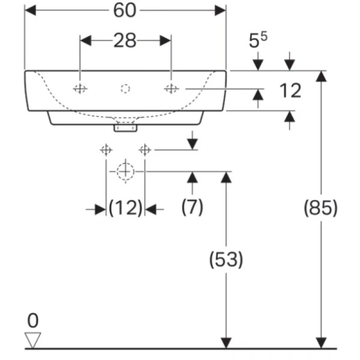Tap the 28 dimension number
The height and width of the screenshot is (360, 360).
(x=125, y=41)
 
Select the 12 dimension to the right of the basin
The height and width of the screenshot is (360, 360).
(x=289, y=91)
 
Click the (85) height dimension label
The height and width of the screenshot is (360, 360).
(x=321, y=208)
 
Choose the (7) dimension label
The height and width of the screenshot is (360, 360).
(x=192, y=208)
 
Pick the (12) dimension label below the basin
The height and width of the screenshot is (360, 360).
(x=125, y=208)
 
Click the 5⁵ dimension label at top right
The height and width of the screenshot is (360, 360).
(x=259, y=41)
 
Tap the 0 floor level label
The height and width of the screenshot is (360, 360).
(x=33, y=319)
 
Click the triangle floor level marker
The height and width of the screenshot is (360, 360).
(x=33, y=340)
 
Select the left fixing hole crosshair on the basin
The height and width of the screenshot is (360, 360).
(x=80, y=89)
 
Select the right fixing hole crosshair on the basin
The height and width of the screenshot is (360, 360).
(x=171, y=89)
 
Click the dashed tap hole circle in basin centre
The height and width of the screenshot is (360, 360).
(x=125, y=89)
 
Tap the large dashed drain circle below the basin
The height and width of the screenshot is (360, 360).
(x=125, y=171)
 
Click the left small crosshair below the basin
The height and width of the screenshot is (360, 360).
(x=106, y=149)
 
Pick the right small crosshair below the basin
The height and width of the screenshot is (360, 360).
(x=144, y=149)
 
